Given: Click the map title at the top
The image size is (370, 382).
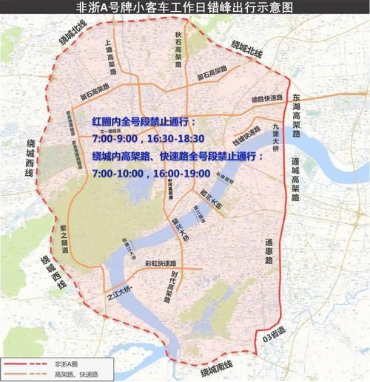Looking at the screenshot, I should (184, 8).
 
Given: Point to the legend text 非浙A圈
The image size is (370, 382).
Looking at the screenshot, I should (66, 364).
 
